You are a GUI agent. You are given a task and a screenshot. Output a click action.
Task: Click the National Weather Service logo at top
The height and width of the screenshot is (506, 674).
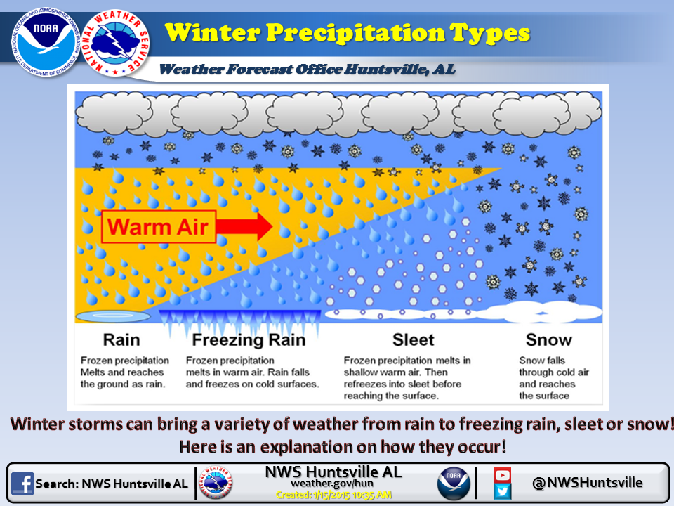(x=115, y=44)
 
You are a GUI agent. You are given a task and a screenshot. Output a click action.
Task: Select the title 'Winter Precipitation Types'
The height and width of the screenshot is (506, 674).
(x=348, y=32)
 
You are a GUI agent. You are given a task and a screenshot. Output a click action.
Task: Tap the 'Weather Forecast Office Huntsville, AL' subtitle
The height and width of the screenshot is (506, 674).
(x=307, y=69)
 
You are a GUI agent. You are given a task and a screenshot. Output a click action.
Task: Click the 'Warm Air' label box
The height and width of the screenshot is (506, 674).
(x=158, y=226)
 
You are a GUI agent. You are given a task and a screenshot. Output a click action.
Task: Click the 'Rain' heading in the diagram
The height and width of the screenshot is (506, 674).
(x=121, y=340)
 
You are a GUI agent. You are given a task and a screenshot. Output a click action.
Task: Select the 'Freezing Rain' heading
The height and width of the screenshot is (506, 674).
(x=249, y=340)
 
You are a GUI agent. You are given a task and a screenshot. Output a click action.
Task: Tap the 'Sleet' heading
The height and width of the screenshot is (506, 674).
(x=414, y=340)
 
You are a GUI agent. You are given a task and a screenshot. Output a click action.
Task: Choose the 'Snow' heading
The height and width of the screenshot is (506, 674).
(x=548, y=340)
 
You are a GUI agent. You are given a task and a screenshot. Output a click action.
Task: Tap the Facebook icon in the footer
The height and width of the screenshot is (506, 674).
(x=22, y=484)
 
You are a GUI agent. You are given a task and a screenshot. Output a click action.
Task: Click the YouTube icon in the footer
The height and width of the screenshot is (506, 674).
(x=502, y=474)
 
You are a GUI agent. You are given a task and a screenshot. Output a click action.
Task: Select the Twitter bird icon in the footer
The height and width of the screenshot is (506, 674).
(x=502, y=491)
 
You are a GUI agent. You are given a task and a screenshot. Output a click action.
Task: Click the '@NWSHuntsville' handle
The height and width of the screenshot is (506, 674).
(x=587, y=482)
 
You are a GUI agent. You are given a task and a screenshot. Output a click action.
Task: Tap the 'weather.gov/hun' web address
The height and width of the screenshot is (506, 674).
(x=333, y=484)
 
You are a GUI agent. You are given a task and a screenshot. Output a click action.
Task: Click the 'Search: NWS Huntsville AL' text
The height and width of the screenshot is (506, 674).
(x=112, y=484)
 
